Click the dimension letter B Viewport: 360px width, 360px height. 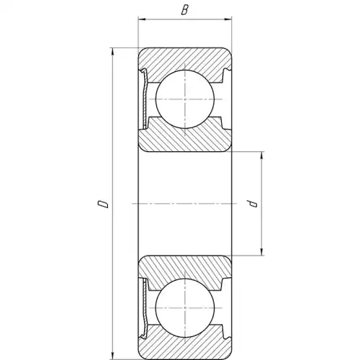point(184,10)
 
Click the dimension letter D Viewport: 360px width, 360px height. point(103,203)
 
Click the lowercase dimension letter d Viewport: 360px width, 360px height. point(253,204)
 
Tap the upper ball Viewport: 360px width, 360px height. point(184,99)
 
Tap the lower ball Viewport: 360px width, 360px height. point(184,307)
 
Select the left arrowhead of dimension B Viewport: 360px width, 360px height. point(142,19)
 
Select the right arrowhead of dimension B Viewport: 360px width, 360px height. point(228,19)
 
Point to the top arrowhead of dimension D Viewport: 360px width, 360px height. point(112,52)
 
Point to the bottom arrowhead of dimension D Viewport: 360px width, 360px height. point(112,356)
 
